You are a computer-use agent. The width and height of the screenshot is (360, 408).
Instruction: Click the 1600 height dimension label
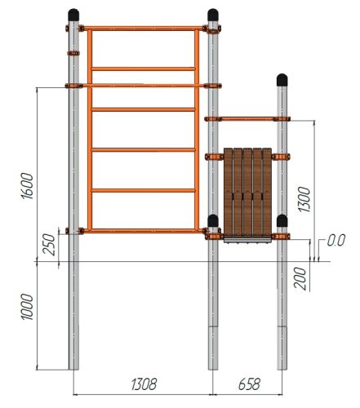coord(28,186)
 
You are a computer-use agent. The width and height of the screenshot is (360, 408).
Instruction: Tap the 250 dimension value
coord(49,245)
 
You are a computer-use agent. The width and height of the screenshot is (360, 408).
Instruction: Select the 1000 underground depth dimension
coord(27,307)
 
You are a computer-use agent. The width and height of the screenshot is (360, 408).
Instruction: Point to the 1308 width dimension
coord(144,384)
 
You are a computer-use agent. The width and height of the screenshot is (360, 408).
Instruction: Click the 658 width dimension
coord(249,384)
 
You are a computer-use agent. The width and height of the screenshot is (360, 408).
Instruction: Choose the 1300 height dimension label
coord(304,199)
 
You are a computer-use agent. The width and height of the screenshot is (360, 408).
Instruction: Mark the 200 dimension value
coord(300,278)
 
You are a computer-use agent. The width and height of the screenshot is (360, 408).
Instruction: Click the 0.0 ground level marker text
coord(336,240)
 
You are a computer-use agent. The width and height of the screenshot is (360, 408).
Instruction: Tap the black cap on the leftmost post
coord(73,15)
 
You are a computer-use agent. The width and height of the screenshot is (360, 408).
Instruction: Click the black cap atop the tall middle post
coord(213,15)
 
